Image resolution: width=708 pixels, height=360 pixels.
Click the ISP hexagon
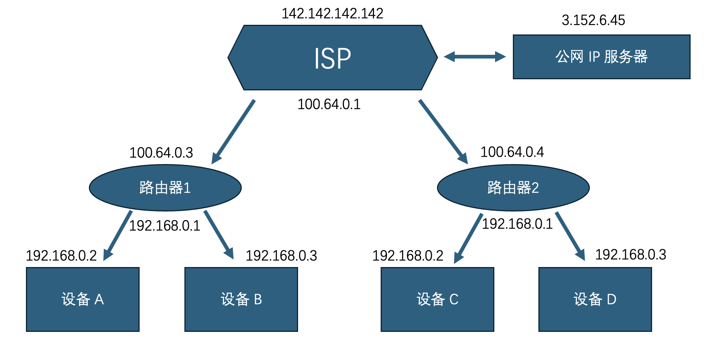click(x=332, y=58)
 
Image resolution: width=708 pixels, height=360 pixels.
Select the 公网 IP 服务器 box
click(x=601, y=57)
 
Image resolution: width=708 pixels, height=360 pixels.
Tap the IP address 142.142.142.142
click(x=332, y=14)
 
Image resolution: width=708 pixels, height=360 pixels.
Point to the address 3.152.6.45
click(x=593, y=20)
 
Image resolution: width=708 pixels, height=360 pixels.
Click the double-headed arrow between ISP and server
click(x=474, y=57)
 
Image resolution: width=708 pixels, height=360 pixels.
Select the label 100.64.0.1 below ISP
click(x=329, y=104)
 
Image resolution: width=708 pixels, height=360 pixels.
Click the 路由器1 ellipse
click(x=165, y=188)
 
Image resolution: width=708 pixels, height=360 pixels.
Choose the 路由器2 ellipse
click(x=513, y=188)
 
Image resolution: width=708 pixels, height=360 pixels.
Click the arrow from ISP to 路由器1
click(x=233, y=131)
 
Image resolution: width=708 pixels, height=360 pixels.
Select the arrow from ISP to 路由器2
click(x=443, y=131)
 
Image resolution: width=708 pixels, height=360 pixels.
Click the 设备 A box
click(x=83, y=299)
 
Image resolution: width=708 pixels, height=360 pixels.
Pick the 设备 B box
click(x=241, y=299)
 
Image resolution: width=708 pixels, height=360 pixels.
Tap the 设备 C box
click(x=437, y=299)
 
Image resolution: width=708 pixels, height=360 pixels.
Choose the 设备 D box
click(x=595, y=299)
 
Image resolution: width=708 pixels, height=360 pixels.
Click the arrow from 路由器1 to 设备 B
click(x=218, y=234)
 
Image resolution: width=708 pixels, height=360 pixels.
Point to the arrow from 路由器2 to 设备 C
click(x=468, y=238)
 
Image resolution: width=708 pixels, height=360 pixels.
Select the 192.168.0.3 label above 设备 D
click(x=630, y=255)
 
